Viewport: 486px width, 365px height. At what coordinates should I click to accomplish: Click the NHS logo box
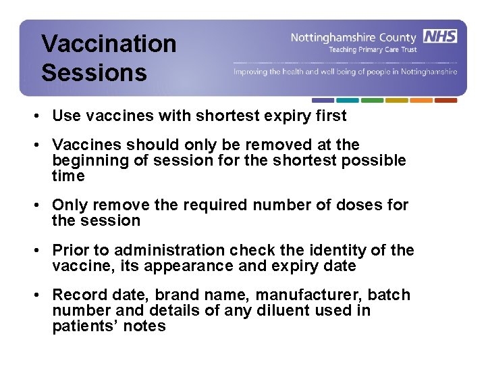pos(440,36)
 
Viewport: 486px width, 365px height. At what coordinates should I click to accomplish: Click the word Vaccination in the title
pos(109,44)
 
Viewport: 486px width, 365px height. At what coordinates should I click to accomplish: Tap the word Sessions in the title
pos(94,72)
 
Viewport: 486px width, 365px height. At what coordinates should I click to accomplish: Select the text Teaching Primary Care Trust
pos(373,49)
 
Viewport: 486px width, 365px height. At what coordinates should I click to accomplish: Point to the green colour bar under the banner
pos(372,100)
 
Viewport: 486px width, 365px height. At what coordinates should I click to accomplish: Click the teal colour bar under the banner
pos(348,100)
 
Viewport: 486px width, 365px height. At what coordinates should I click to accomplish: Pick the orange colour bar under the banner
pos(421,100)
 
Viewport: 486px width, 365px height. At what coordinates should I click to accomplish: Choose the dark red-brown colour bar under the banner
pos(446,100)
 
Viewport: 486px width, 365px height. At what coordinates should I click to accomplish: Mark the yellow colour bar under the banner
pos(397,100)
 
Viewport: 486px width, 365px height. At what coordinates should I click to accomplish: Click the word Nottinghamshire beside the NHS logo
pos(339,37)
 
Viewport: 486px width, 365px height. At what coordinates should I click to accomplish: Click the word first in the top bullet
pos(331,116)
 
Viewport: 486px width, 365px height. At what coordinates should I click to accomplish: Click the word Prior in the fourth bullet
pos(70,250)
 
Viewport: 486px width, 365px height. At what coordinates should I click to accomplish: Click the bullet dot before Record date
pos(41,295)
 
